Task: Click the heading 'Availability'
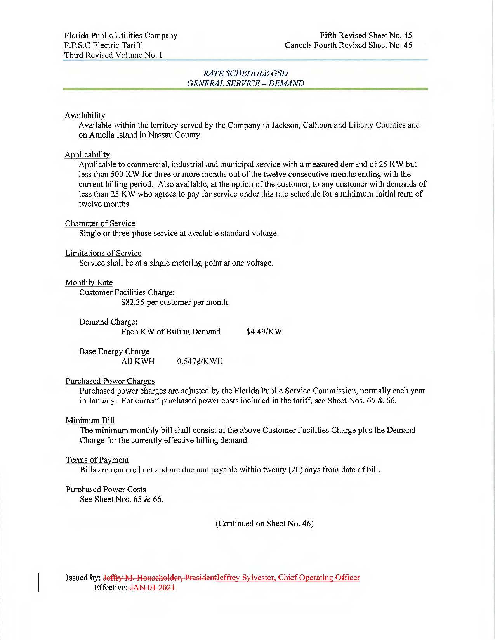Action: click(85, 115)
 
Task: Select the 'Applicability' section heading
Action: click(87, 155)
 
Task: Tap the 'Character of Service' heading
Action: click(100, 223)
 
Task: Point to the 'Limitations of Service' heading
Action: click(103, 253)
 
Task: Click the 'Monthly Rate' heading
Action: click(89, 282)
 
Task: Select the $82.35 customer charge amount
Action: click(133, 302)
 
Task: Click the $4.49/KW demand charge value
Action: click(264, 332)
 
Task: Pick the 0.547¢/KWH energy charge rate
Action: click(200, 362)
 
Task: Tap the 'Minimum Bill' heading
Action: click(90, 420)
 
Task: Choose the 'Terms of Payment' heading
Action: click(97, 460)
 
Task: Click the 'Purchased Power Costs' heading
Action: click(106, 490)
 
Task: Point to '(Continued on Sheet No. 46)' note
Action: click(264, 524)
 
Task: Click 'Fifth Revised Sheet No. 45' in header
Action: click(366, 35)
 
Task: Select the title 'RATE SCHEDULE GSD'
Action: click(245, 73)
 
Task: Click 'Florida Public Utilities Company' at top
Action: click(121, 35)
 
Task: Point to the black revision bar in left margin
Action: click(38, 581)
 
